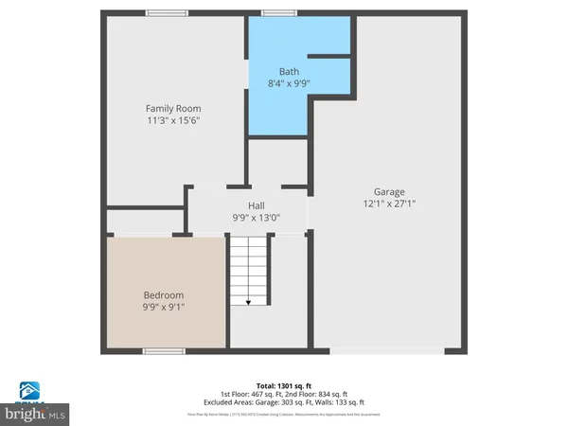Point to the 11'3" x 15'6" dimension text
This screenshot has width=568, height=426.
tap(172, 121)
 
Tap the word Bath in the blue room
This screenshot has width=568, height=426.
tap(289, 72)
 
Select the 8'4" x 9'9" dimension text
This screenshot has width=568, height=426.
tap(289, 84)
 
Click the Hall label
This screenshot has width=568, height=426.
tap(257, 205)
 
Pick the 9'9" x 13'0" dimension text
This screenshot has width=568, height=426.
tap(257, 218)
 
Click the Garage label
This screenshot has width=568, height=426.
tap(388, 192)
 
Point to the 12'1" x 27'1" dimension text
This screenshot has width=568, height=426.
tap(388, 204)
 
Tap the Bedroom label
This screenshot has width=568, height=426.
tap(164, 295)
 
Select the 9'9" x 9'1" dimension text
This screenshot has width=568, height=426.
tap(164, 308)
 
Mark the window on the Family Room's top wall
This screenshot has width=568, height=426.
tap(166, 12)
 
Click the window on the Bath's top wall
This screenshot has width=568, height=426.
tap(275, 12)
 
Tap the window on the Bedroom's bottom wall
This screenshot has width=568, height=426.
tap(163, 351)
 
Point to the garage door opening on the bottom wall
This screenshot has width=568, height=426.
tap(386, 351)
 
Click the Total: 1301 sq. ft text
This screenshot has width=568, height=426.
tap(284, 385)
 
